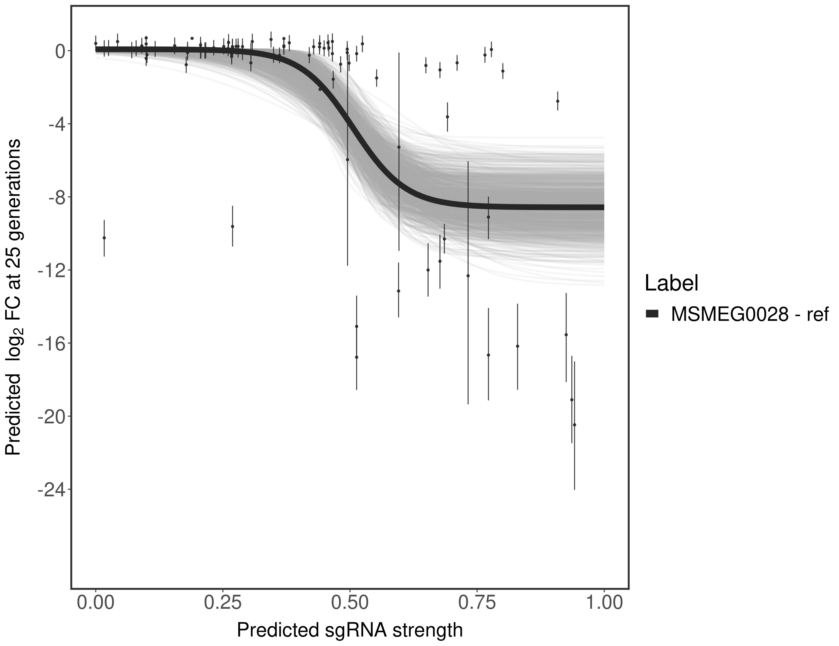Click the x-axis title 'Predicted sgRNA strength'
pos(350,631)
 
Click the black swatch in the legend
pos(652,314)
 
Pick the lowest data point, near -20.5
pos(574,424)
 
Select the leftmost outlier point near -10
pos(104,238)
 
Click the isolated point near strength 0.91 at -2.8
pos(557,101)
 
